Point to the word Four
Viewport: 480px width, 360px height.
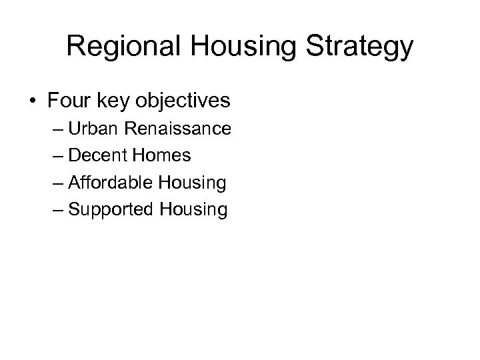(69, 101)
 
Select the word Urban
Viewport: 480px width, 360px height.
(91, 128)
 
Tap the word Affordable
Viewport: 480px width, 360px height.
(111, 182)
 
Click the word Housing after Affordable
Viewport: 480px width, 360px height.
(193, 183)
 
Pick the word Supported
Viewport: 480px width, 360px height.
(111, 210)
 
